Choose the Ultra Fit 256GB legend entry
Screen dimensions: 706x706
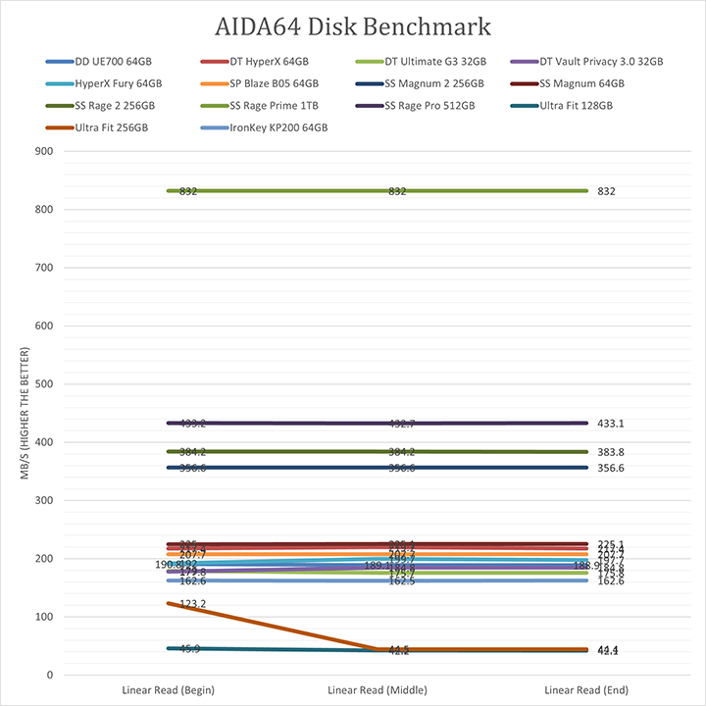[x=110, y=128]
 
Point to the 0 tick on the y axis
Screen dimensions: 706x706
[x=47, y=675]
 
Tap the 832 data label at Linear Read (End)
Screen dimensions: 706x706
[x=606, y=192]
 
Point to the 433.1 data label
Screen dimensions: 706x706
[x=611, y=424]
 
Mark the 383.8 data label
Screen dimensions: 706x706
[x=611, y=452]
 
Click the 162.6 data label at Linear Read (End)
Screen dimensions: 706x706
[x=611, y=581]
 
